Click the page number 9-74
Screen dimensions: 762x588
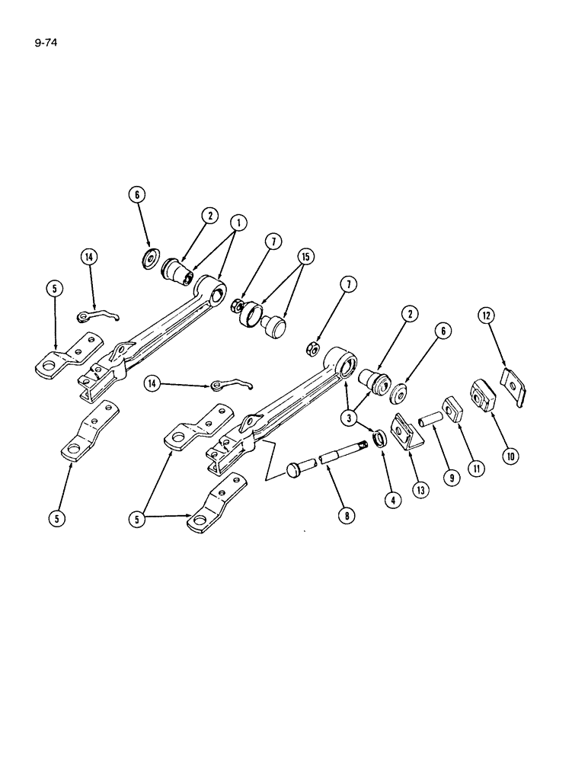(x=46, y=43)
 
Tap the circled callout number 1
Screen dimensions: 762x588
(x=238, y=223)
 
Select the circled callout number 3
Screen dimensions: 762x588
(x=352, y=417)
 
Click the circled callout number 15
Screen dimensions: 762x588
(x=305, y=256)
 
